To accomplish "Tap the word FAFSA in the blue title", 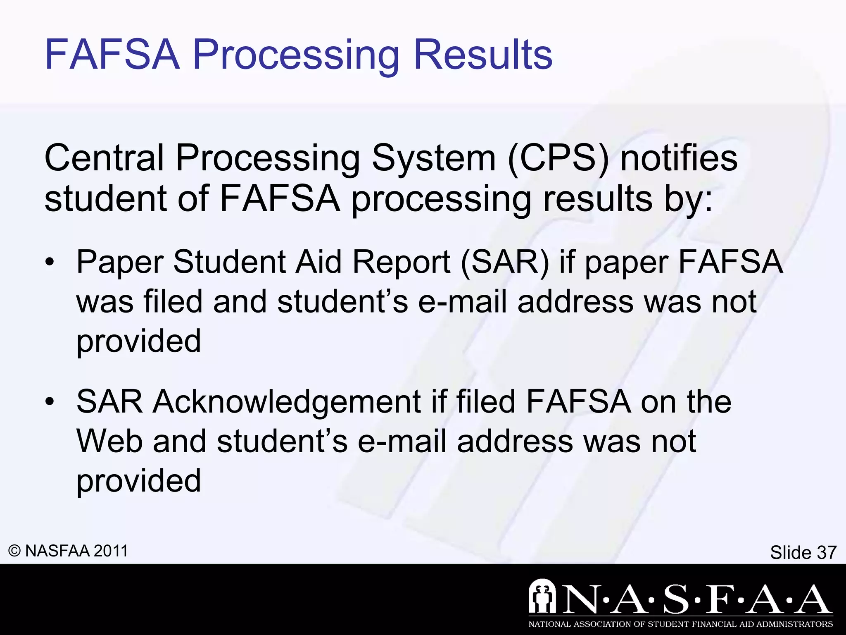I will [112, 55].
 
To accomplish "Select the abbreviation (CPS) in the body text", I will [558, 159].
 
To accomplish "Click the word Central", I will [105, 158].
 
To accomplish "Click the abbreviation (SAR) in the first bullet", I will [505, 263].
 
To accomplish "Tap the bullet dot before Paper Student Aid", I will [50, 263].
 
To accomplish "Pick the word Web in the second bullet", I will [109, 442].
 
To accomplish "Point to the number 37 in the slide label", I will [826, 552].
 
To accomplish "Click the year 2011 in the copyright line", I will [111, 551].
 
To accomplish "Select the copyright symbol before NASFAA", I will [14, 551].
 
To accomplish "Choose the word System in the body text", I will [433, 158].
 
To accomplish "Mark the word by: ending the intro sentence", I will [688, 199].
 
